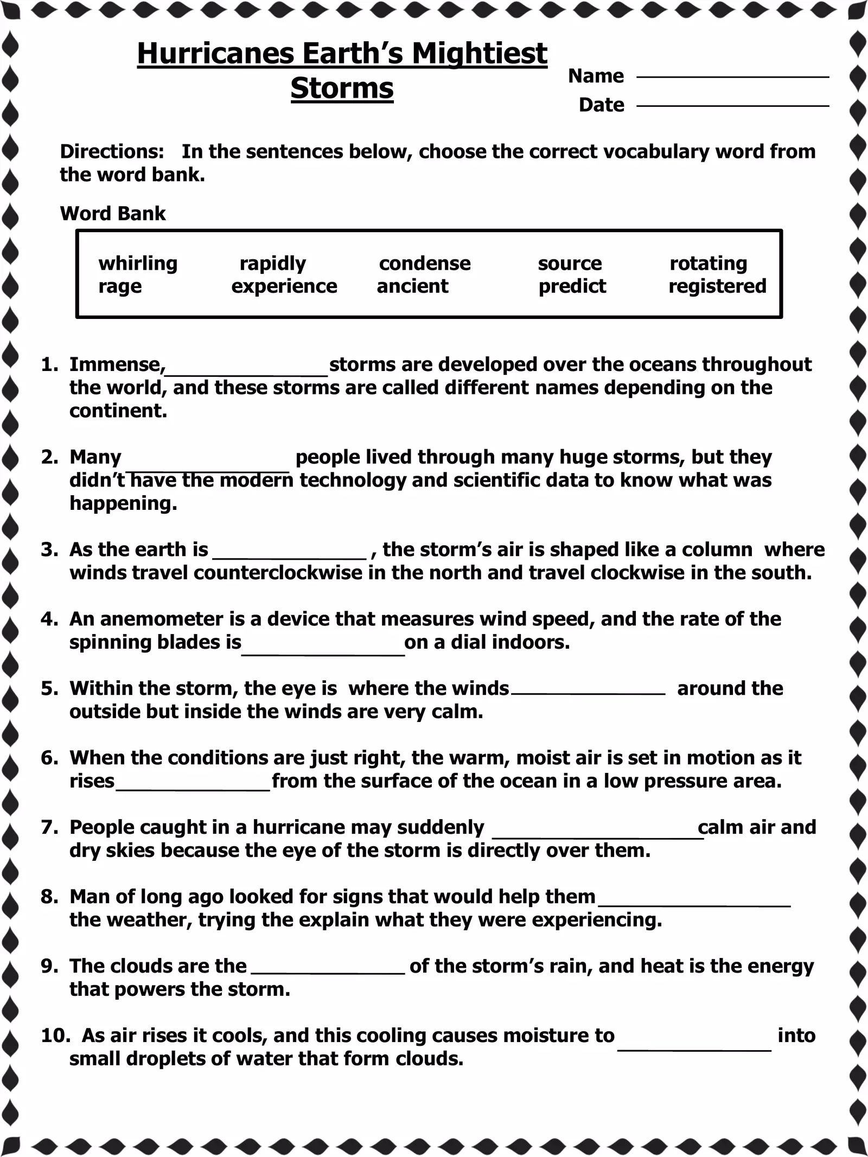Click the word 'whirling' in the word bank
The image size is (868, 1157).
[138, 264]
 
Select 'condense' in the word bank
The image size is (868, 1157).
[425, 264]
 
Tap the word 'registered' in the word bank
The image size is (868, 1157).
[717, 286]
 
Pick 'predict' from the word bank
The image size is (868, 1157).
[572, 286]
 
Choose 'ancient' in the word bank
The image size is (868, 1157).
[412, 286]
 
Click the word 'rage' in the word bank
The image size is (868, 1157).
[120, 286]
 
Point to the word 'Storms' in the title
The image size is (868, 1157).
[342, 88]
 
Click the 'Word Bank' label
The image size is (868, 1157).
[113, 214]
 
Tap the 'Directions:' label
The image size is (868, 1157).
[112, 152]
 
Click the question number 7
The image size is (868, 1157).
[49, 827]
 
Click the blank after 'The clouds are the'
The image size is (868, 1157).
[328, 971]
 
